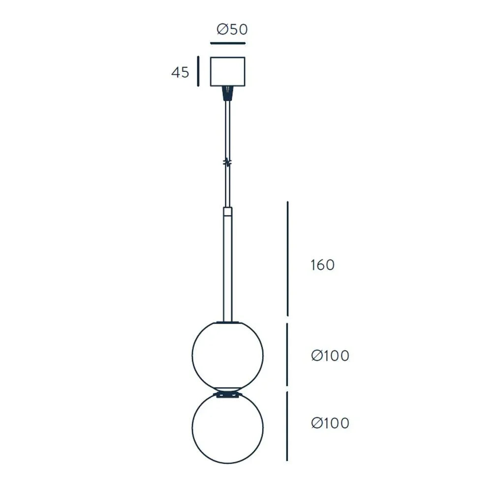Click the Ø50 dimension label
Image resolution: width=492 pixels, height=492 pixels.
tap(232, 30)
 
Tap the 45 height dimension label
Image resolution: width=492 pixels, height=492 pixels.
tap(180, 72)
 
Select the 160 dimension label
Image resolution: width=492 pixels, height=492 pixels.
tap(322, 265)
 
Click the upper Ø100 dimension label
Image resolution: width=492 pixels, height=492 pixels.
tap(330, 355)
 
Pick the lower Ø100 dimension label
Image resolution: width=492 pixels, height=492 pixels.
tap(330, 423)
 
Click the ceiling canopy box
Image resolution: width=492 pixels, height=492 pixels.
tap(227, 72)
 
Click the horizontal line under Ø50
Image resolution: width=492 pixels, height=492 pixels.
tap(227, 43)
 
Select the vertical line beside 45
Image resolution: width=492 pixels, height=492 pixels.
tap(198, 72)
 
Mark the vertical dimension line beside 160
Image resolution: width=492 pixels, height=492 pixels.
tap(288, 258)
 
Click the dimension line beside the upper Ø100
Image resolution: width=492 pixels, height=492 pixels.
tap(287, 354)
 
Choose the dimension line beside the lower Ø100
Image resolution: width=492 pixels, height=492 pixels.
tap(287, 426)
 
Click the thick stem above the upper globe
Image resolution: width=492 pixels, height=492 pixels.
tap(227, 271)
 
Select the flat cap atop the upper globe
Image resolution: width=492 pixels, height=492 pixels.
tap(227, 323)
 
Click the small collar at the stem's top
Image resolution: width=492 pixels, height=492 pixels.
tap(227, 212)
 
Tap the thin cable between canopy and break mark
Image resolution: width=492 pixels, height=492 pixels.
tap(227, 128)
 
